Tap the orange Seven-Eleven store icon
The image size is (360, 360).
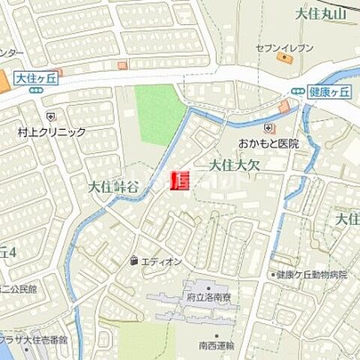[283, 58]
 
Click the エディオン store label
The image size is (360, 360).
[161, 261]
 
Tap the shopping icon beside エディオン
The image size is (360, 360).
[133, 261]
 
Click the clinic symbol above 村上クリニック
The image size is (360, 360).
[50, 117]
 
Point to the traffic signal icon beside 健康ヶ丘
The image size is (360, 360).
[298, 91]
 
